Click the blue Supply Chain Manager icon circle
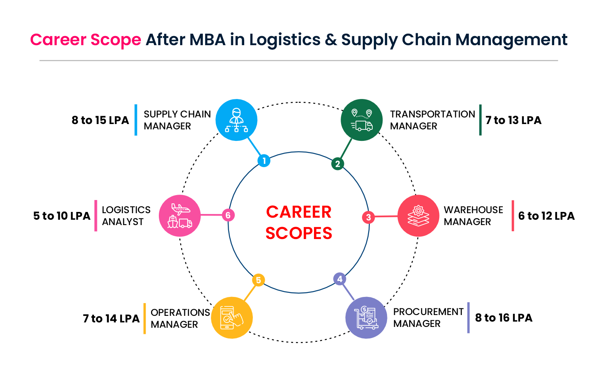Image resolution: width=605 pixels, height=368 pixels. point(236,120)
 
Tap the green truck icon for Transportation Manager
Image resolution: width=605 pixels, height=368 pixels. point(362,120)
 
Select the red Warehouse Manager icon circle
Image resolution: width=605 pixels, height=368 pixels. point(418,216)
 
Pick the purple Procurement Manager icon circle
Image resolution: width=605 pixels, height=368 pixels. point(366,317)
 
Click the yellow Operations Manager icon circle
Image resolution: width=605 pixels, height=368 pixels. point(232,317)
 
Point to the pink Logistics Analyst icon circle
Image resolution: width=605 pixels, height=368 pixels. point(179,216)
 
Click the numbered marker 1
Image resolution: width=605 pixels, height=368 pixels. point(264,161)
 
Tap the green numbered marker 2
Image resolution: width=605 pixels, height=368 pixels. point(337,164)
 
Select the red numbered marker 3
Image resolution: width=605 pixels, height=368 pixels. point(368,217)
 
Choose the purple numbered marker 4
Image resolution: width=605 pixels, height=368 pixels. point(339,279)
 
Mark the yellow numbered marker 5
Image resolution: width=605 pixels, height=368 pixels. point(258,280)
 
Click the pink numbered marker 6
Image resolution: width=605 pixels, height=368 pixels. point(228,215)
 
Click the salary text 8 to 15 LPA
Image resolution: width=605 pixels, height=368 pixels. point(100,120)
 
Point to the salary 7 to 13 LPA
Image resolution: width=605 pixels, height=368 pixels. point(513,120)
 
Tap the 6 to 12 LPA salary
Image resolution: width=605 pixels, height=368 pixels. point(546,216)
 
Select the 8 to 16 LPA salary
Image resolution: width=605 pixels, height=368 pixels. point(504,318)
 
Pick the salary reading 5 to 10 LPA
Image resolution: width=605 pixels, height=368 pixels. point(62,216)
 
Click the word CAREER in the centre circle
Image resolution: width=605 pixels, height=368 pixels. point(299,212)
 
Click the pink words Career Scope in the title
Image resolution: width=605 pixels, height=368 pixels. point(86,40)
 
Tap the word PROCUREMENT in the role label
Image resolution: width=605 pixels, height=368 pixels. point(428,312)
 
